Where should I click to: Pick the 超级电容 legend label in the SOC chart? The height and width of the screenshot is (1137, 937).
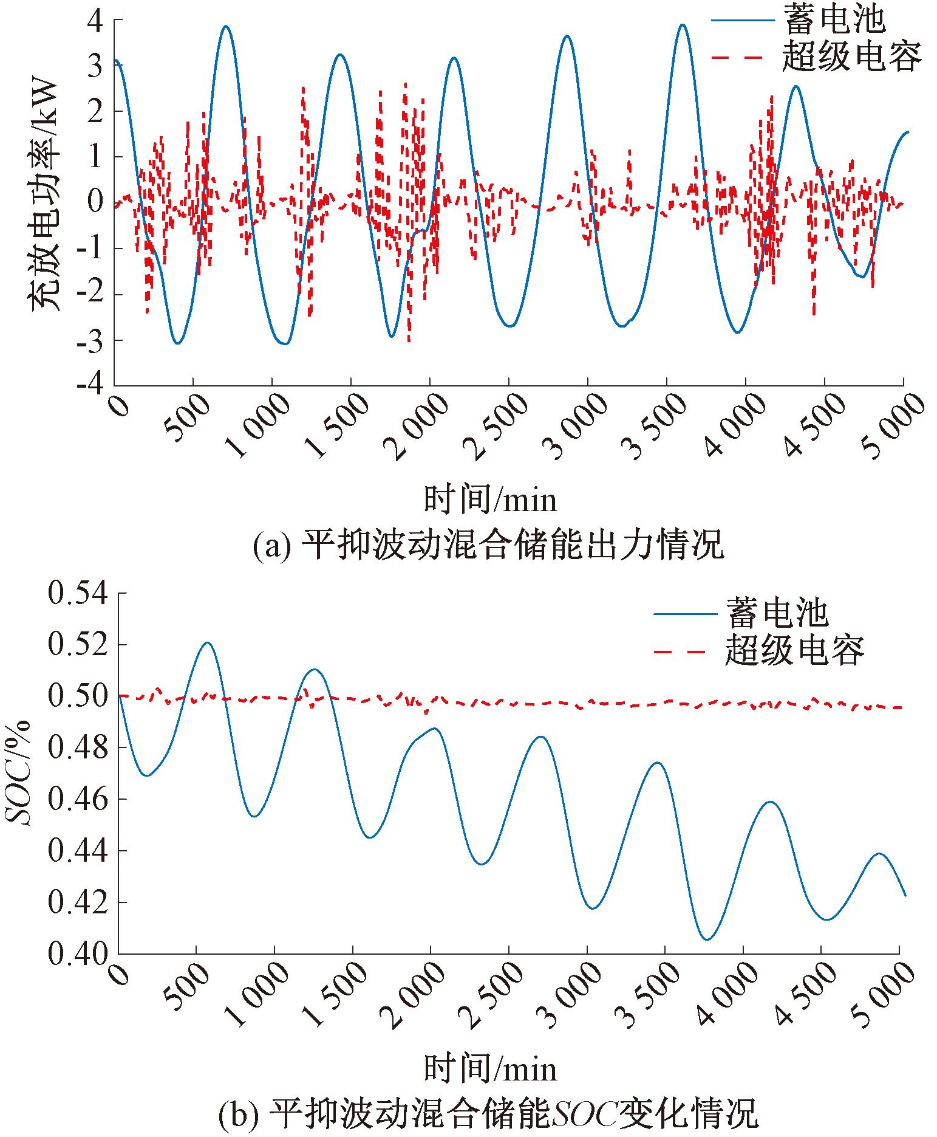pyautogui.click(x=794, y=651)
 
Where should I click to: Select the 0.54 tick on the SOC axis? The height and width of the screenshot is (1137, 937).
pyautogui.click(x=78, y=594)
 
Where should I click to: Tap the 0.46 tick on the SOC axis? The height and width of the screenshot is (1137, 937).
pyautogui.click(x=78, y=800)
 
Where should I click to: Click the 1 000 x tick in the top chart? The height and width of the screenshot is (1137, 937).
pyautogui.click(x=255, y=427)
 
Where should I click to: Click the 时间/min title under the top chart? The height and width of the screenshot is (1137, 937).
pyautogui.click(x=490, y=500)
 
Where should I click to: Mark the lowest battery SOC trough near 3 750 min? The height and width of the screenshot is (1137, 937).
pyautogui.click(x=707, y=939)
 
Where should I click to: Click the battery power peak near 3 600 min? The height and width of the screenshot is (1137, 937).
pyautogui.click(x=683, y=25)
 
